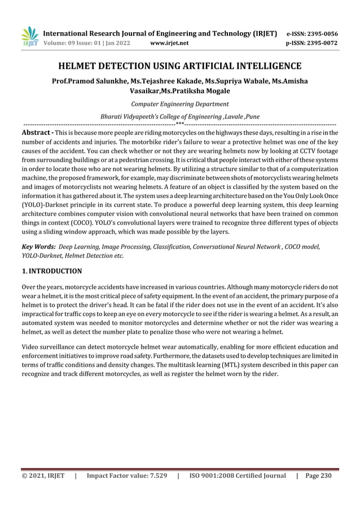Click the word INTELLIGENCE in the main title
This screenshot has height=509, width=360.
(x=268, y=65)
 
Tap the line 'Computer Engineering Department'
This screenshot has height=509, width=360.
(x=179, y=104)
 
